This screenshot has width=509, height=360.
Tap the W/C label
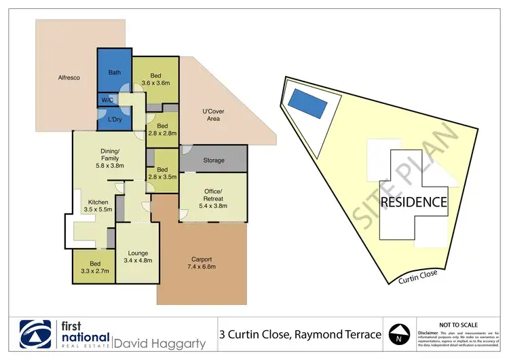click(107, 101)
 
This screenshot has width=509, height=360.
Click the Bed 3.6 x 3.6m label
click(155, 79)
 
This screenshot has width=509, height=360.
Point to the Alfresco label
click(69, 78)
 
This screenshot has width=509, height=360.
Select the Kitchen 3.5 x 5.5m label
click(94, 206)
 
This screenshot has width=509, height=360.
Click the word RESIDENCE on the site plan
click(413, 202)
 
